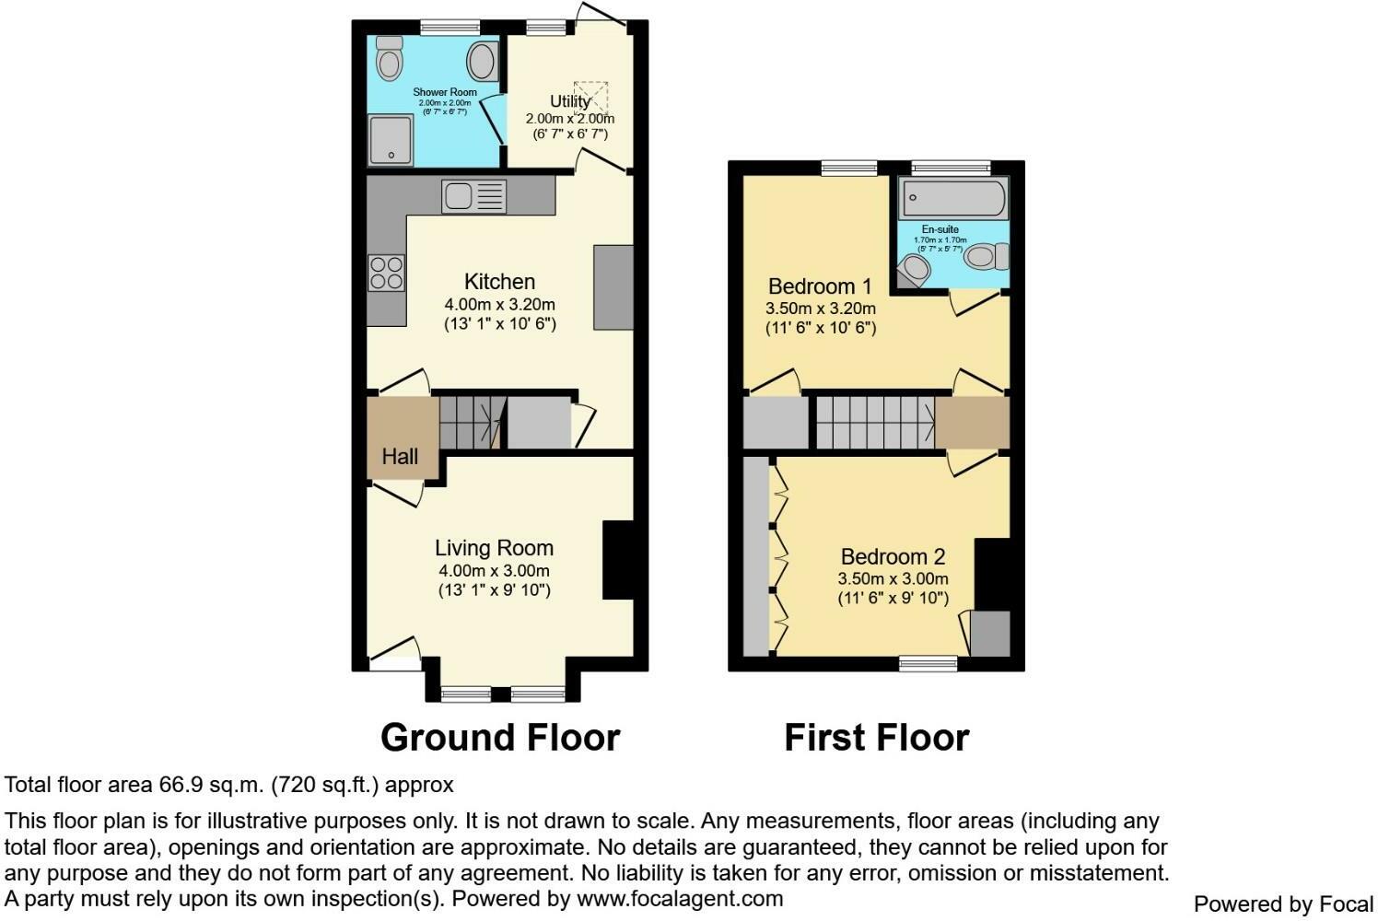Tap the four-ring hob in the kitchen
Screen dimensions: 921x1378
(x=386, y=273)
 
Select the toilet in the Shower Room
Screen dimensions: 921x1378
(x=390, y=60)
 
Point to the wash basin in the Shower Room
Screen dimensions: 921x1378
(x=482, y=62)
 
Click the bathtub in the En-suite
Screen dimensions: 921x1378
(x=953, y=197)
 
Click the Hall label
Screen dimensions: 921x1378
(x=400, y=456)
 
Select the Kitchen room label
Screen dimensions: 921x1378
(x=499, y=282)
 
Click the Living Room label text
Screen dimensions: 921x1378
(x=495, y=548)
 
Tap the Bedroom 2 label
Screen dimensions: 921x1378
(x=893, y=556)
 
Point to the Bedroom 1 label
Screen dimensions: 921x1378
(x=820, y=286)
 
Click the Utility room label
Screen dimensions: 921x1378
(x=569, y=101)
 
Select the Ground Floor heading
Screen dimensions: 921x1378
(x=500, y=738)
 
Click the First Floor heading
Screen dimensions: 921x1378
(x=876, y=738)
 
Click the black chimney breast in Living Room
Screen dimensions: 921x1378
(x=618, y=560)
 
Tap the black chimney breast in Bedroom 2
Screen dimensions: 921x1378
(x=992, y=574)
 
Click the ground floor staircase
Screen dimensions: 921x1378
(x=471, y=423)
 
